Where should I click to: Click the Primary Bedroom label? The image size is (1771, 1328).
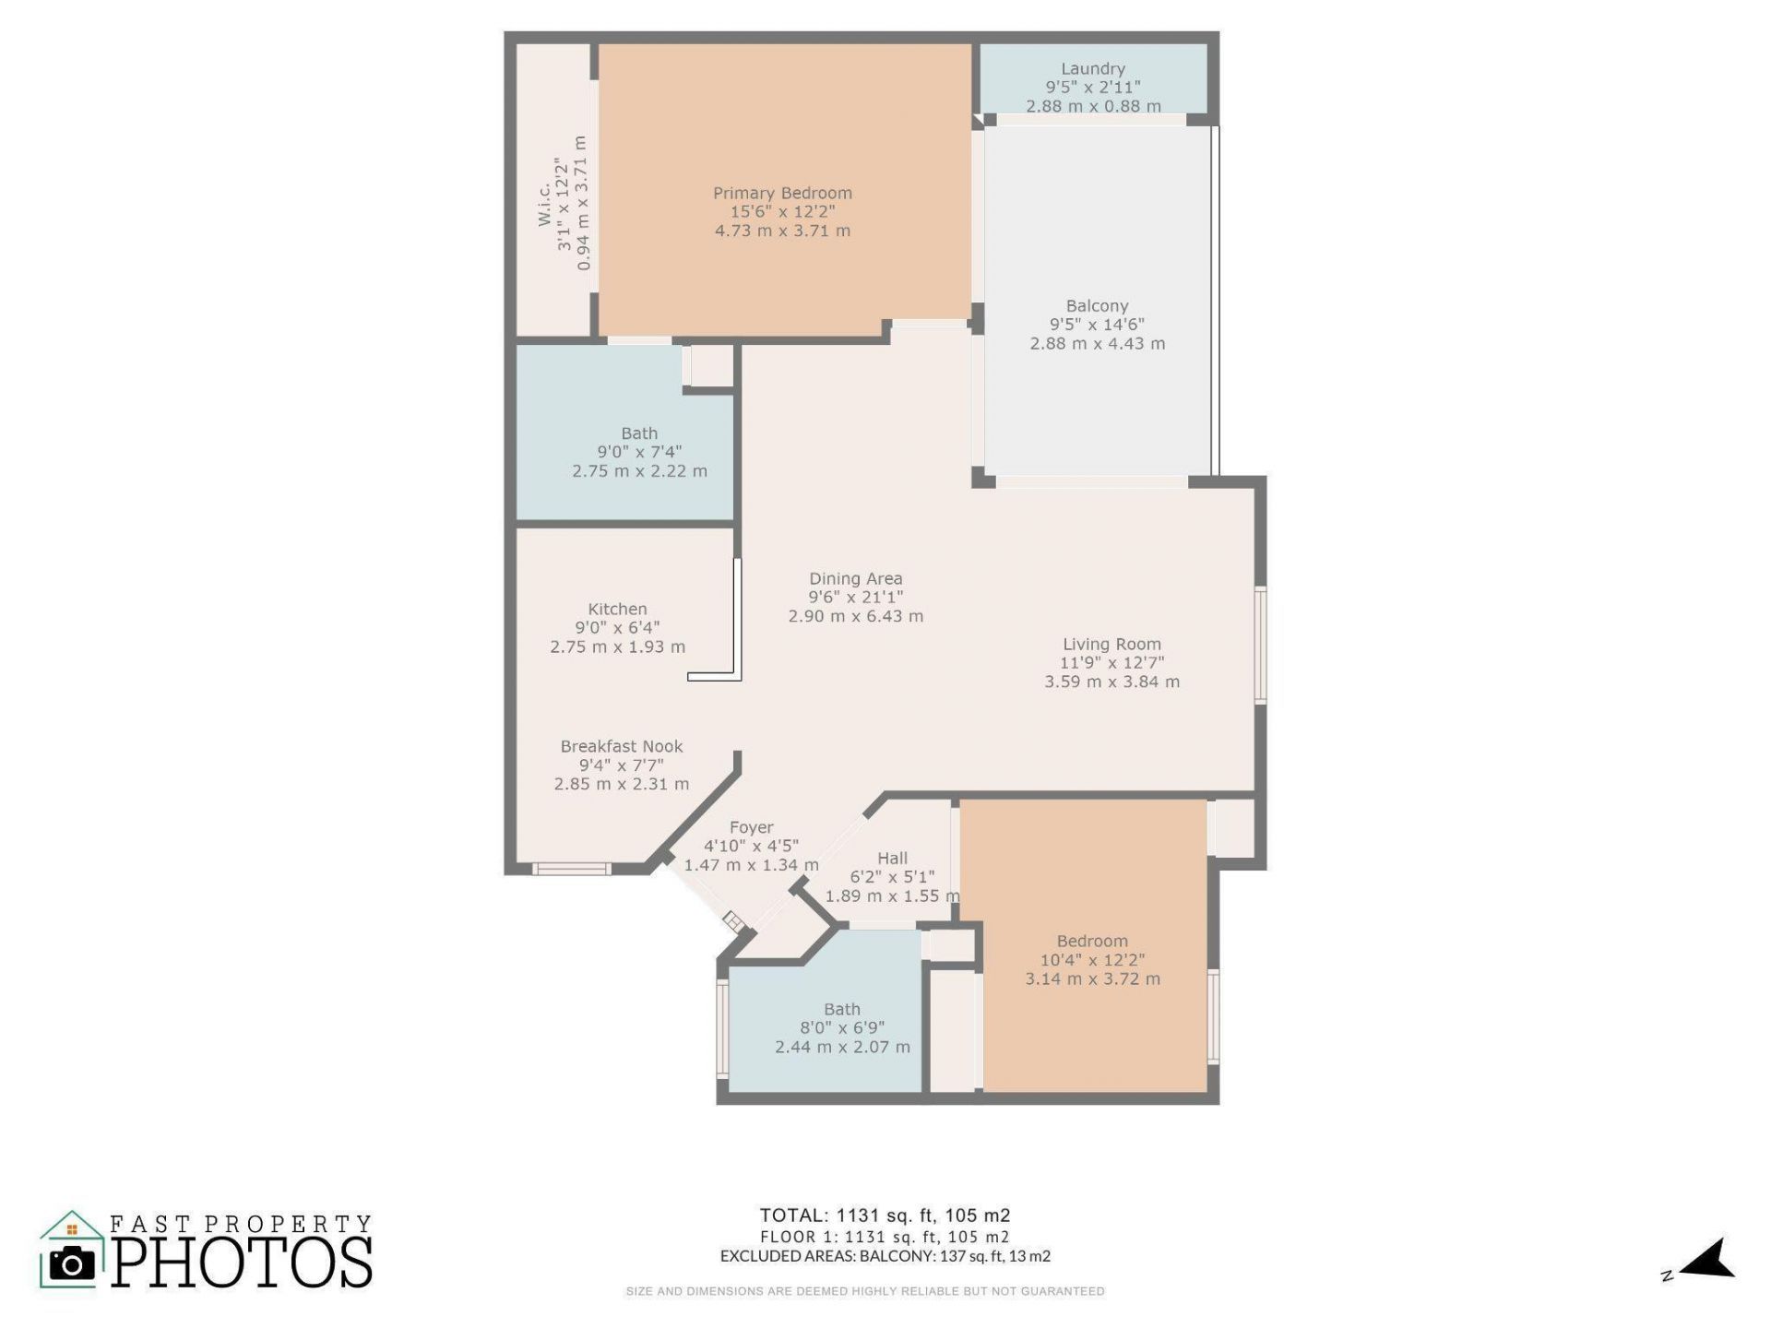[782, 194]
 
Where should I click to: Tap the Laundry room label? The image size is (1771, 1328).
[1092, 69]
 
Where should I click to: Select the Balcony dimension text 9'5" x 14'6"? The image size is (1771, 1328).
[1097, 325]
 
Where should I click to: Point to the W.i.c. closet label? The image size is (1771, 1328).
[544, 203]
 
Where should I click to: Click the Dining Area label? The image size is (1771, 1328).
[855, 579]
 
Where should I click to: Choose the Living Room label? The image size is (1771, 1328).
[1111, 645]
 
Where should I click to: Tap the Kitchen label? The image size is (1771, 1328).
[617, 610]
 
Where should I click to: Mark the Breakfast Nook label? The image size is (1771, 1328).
[621, 747]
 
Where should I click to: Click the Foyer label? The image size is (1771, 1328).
[751, 828]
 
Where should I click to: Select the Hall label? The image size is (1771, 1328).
[892, 859]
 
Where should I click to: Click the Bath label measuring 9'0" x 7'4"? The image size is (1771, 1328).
[639, 433]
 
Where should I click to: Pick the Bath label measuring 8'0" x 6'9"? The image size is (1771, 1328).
[841, 1010]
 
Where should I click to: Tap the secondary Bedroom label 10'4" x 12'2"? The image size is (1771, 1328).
[1092, 942]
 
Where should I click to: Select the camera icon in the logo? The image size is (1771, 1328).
[71, 1263]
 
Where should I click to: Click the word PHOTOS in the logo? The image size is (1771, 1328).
[243, 1263]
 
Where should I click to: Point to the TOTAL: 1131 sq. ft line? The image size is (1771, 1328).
[884, 1215]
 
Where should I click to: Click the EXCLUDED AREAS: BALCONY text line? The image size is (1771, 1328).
[884, 1256]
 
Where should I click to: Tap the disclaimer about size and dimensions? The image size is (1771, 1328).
[864, 1291]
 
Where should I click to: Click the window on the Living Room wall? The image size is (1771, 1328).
[1260, 646]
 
